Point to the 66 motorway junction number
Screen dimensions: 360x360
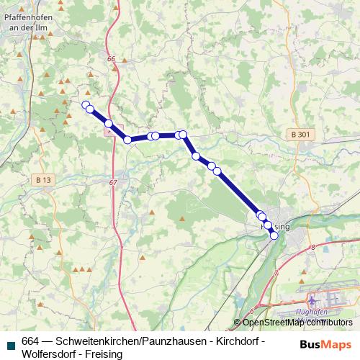[x=110, y=59]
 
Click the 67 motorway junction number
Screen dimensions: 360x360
[x=113, y=183]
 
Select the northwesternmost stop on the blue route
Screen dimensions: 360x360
[x=86, y=105]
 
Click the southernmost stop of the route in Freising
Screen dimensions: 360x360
[x=274, y=235]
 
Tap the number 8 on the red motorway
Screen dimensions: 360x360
[x=314, y=247]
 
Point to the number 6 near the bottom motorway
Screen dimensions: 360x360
[x=252, y=310]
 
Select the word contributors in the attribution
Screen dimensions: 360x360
[x=329, y=323]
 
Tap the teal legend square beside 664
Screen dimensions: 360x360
[x=10, y=342]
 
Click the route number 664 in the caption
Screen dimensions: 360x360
[x=31, y=341]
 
